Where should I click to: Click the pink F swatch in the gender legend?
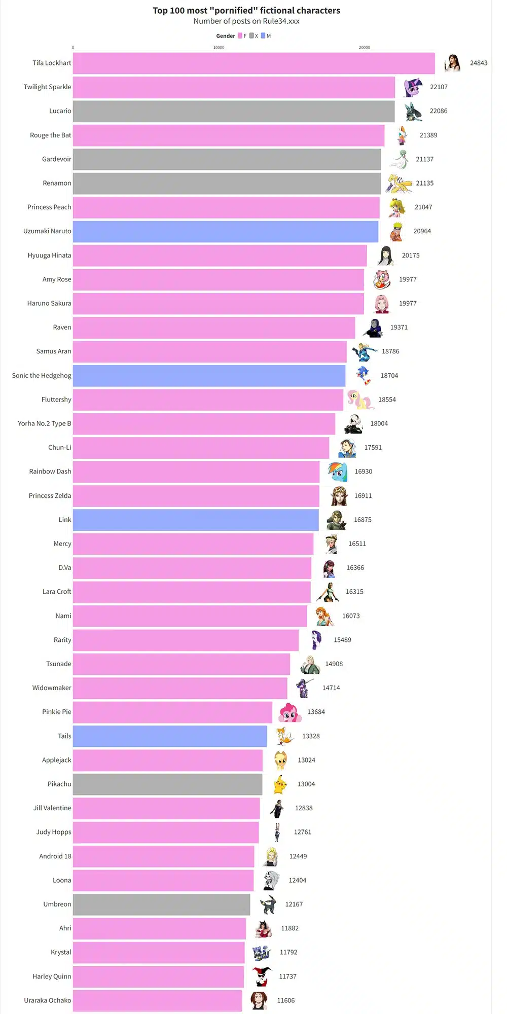coord(240,36)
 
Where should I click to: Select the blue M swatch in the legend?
coord(263,36)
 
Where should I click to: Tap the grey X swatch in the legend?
coord(251,36)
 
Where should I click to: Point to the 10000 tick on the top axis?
coord(219,48)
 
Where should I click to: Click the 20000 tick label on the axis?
coord(365,48)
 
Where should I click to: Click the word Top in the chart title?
coord(160,11)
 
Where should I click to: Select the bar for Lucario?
coord(234,111)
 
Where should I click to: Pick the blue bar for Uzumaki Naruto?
coord(226,231)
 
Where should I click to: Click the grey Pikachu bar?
coord(168,784)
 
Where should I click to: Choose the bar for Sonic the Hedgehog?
coord(209,376)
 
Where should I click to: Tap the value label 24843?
coord(479,63)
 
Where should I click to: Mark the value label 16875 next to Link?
coord(363,520)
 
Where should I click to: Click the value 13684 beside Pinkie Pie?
coord(316,712)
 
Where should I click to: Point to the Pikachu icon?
coord(280,784)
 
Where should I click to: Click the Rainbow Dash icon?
coord(337,472)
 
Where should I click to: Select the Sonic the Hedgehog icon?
coord(364,376)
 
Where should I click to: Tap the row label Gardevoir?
coord(57,159)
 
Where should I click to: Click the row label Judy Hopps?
coord(54,832)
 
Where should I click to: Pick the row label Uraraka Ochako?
coord(48,1000)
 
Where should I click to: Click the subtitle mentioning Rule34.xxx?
coord(246,21)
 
